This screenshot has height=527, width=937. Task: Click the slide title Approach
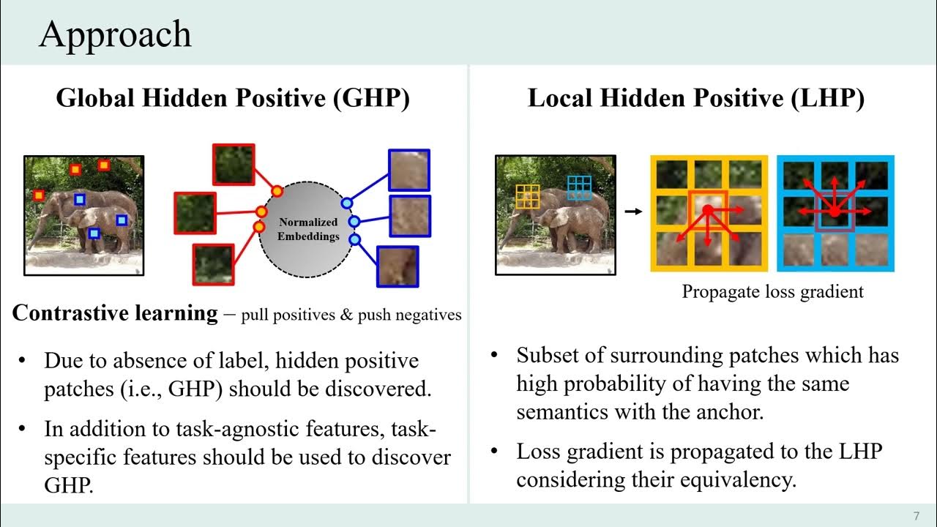[x=115, y=34]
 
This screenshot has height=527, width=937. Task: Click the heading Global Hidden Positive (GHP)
[x=233, y=98]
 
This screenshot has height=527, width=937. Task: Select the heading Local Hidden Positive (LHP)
[x=696, y=98]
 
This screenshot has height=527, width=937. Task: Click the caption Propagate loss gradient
[x=772, y=292]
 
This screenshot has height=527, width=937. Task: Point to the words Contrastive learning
[x=115, y=313]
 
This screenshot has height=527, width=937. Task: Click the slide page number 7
[x=917, y=515]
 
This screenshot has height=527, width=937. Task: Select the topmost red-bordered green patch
[x=234, y=165]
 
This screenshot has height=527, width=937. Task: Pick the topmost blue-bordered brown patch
[x=408, y=170]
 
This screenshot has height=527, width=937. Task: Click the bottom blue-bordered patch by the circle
[x=397, y=266]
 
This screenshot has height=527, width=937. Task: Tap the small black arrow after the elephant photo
[x=634, y=212]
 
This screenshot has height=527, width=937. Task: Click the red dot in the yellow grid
[x=708, y=211]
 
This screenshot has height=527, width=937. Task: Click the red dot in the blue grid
[x=834, y=212]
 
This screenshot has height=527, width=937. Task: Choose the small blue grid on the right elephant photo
[x=579, y=187]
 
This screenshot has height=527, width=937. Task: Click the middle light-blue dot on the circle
[x=354, y=221]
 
